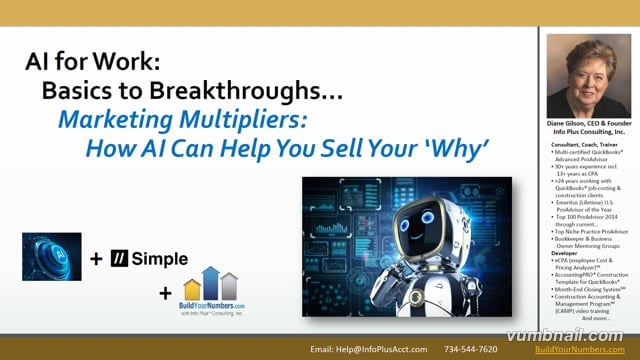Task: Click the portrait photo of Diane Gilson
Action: coord(588,76)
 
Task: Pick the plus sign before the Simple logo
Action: coord(97,260)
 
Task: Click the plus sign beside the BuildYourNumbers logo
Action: coord(165,293)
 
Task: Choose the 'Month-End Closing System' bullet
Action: coord(593,289)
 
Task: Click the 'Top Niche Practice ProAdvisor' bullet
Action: coord(593,230)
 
